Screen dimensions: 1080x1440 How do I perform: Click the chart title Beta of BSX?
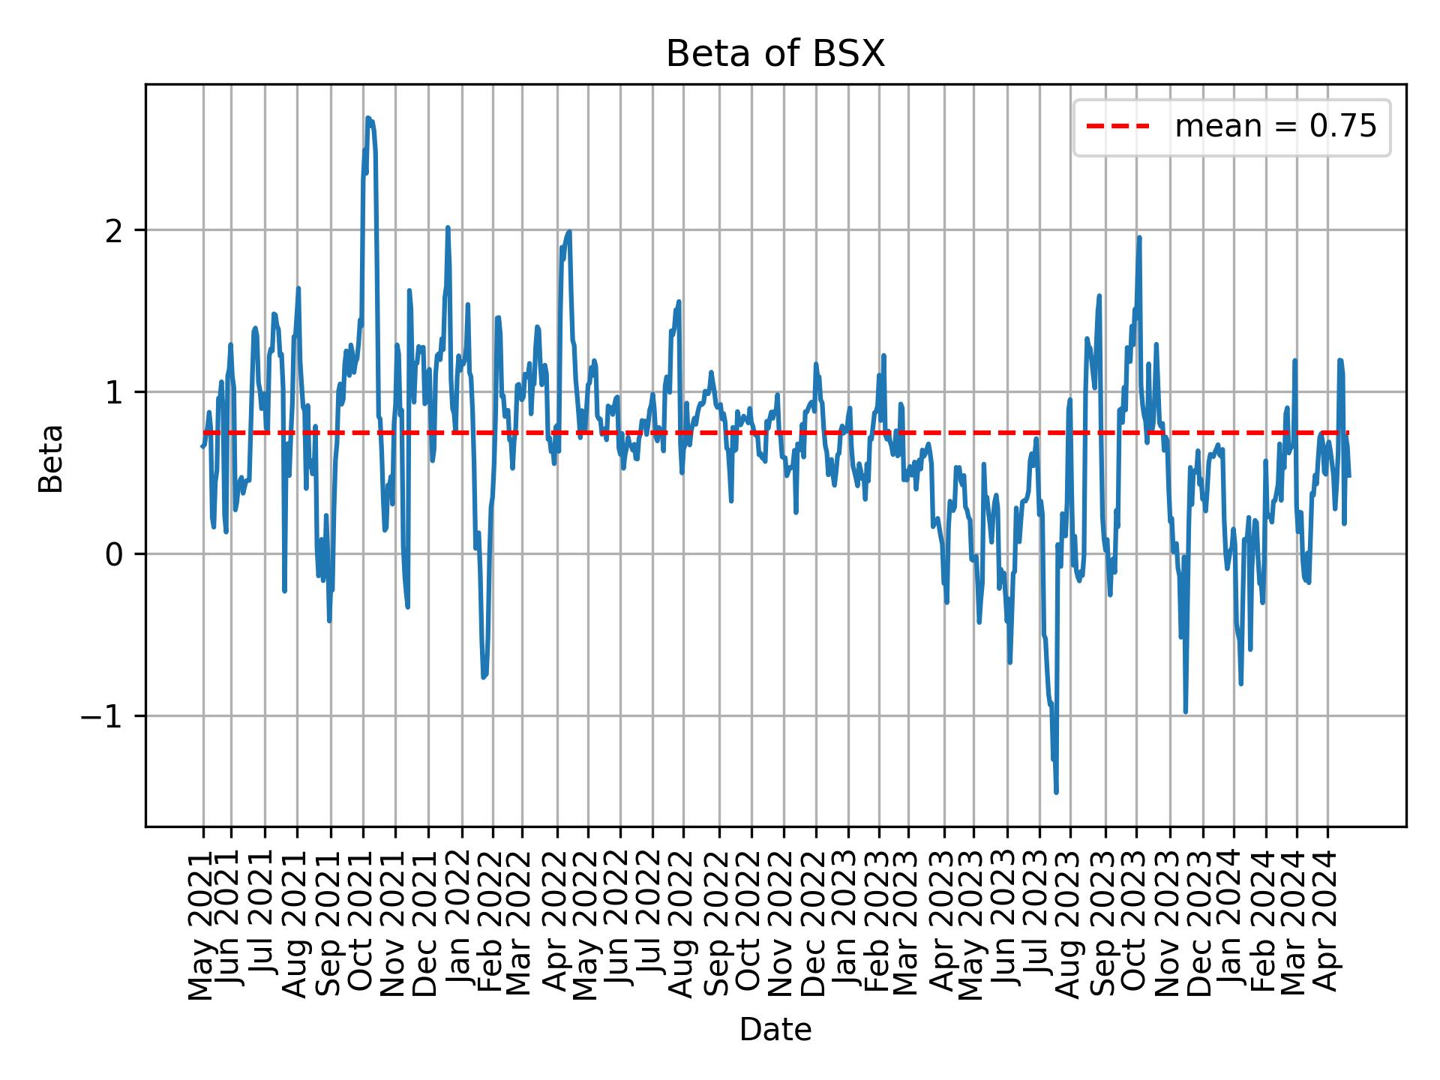pyautogui.click(x=775, y=54)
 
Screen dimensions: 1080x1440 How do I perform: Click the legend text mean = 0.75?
pyautogui.click(x=1275, y=127)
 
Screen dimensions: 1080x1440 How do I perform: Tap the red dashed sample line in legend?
pyautogui.click(x=1118, y=127)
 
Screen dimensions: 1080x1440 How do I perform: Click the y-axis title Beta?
pyautogui.click(x=51, y=458)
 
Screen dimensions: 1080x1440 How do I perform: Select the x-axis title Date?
pyautogui.click(x=775, y=1030)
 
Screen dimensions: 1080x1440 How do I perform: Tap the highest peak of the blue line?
pyautogui.click(x=367, y=118)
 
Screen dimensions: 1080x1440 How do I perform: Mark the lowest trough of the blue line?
pyautogui.click(x=1056, y=792)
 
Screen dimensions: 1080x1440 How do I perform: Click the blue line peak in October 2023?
pyautogui.click(x=1139, y=238)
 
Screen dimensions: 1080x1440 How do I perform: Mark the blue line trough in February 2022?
pyautogui.click(x=484, y=677)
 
